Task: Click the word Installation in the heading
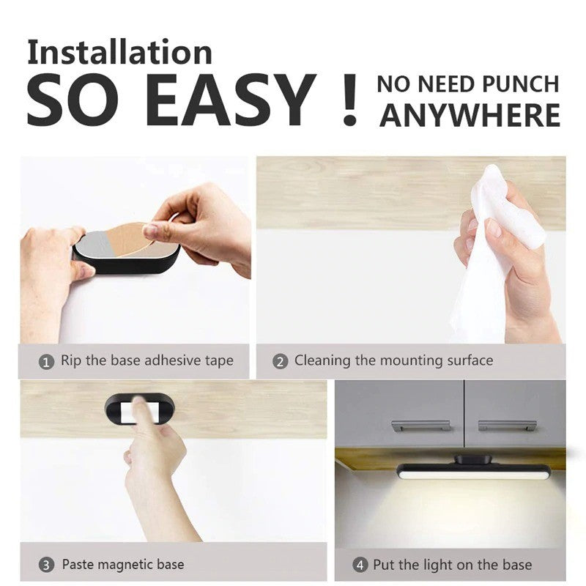[x=119, y=52]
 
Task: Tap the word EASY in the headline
[x=230, y=100]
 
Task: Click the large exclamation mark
[x=350, y=100]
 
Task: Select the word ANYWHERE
[x=470, y=116]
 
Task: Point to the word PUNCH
[x=521, y=84]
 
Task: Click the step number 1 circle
[x=46, y=362]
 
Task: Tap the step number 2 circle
[x=281, y=362]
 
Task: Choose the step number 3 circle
[x=46, y=565]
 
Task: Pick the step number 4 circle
[x=360, y=565]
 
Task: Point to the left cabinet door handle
[x=420, y=426]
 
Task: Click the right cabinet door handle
[x=507, y=425]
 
